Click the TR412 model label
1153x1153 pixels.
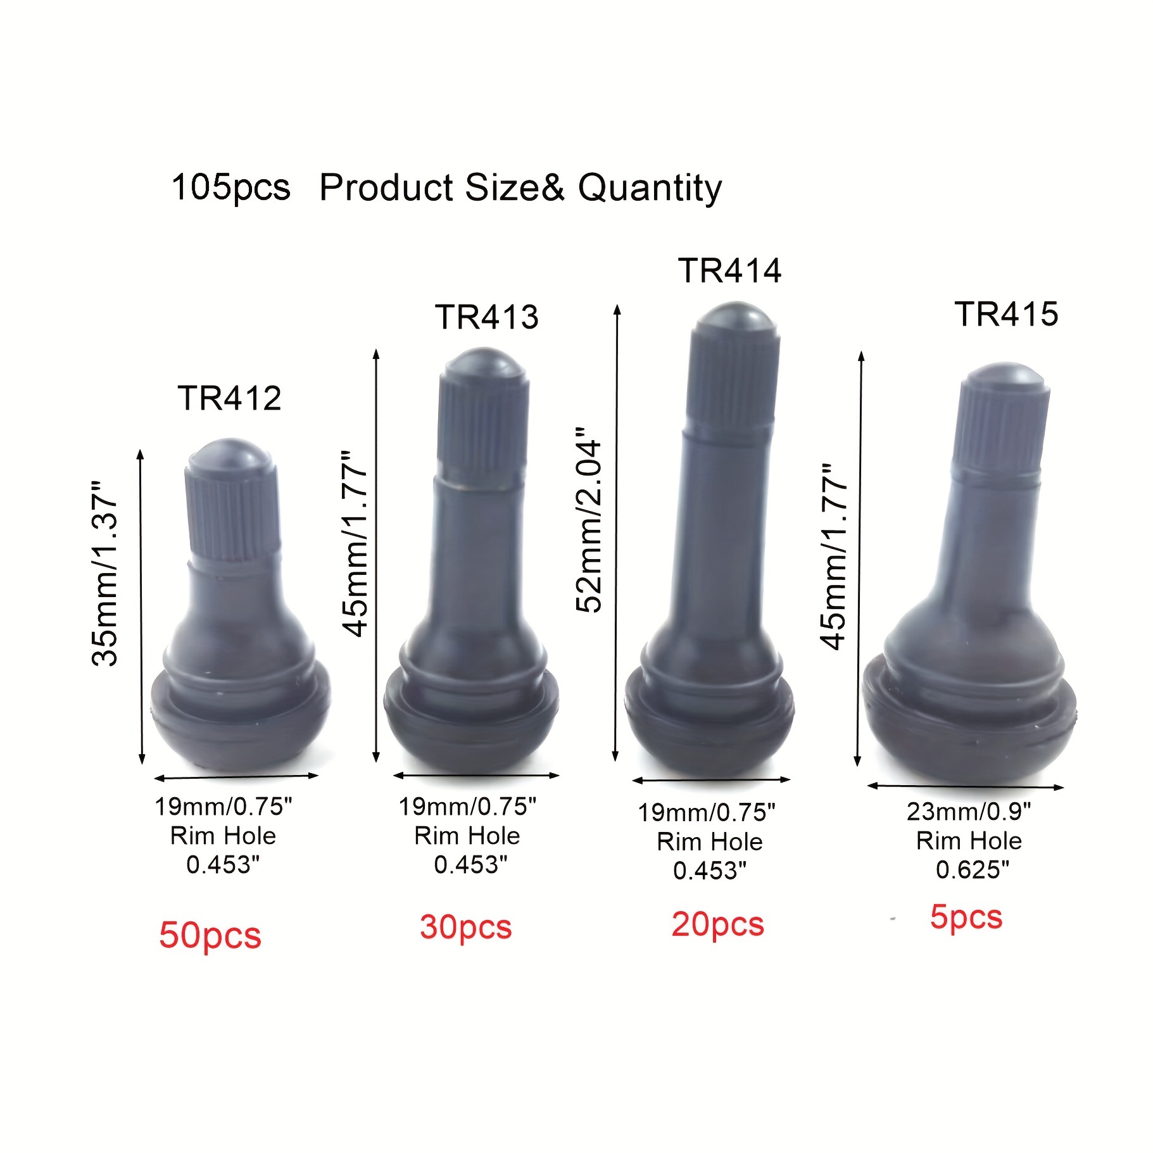tap(229, 398)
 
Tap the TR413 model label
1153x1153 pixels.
tap(486, 317)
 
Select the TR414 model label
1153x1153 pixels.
tap(729, 270)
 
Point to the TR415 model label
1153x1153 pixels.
tap(1006, 314)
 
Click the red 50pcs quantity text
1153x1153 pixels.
tap(210, 936)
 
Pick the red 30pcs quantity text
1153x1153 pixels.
tap(465, 928)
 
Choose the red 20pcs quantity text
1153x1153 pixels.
tap(717, 925)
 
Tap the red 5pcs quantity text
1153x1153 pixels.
tap(966, 917)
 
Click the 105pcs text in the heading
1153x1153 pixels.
tap(230, 188)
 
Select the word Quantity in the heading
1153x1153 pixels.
tap(650, 188)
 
